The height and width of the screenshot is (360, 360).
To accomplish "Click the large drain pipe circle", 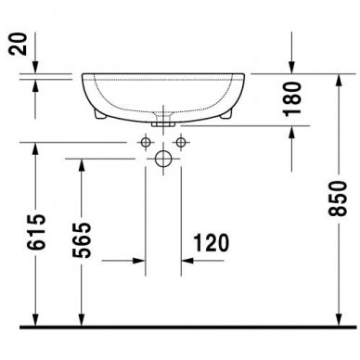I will [x=163, y=159].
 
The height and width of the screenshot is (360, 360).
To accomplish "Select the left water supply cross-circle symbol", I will [x=146, y=142].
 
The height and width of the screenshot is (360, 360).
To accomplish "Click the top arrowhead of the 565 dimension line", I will [x=80, y=163].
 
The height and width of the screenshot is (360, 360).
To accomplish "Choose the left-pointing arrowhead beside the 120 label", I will [x=186, y=263].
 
